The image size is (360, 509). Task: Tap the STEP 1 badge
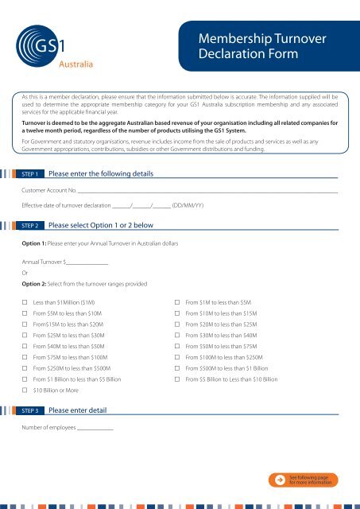pyautogui.click(x=33, y=173)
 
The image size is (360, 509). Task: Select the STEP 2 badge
pyautogui.click(x=33, y=226)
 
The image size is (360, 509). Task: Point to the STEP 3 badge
pyautogui.click(x=33, y=410)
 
